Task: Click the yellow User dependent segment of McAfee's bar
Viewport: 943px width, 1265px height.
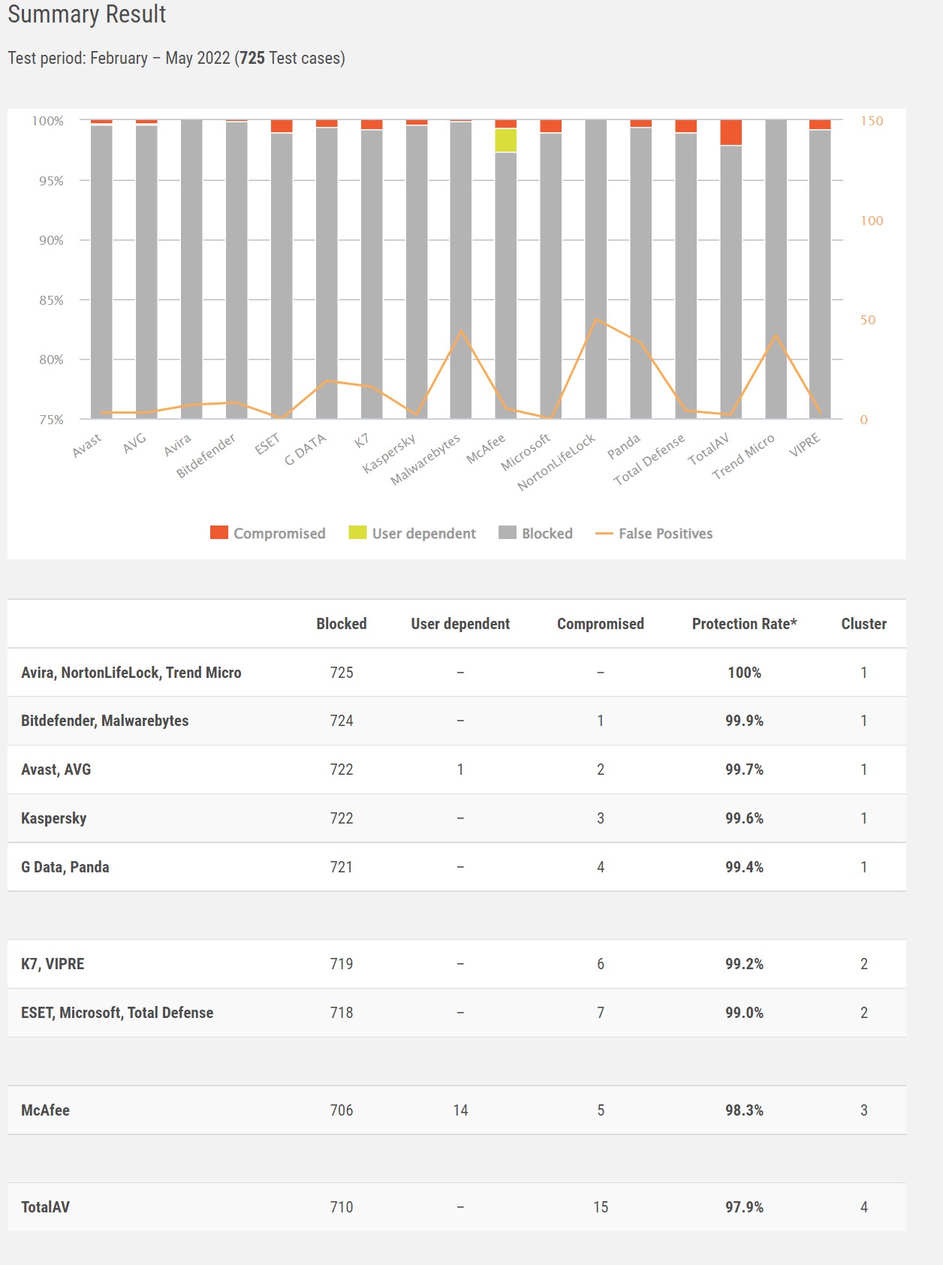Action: (505, 140)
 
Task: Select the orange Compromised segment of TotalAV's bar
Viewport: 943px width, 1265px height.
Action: (731, 132)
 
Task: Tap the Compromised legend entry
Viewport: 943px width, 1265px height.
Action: (268, 533)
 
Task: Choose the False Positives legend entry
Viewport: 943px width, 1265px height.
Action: (654, 533)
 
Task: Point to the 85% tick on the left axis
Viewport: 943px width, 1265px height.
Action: (51, 300)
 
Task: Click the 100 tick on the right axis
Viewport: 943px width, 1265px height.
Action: (872, 221)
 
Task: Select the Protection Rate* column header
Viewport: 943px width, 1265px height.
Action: (744, 624)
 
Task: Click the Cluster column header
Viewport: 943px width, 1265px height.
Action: (863, 624)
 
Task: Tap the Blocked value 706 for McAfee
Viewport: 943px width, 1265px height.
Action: (342, 1110)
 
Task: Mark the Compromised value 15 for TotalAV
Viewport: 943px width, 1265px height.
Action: (601, 1207)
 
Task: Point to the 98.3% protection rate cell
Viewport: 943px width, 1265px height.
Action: (744, 1110)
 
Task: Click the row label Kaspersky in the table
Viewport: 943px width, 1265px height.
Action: (54, 818)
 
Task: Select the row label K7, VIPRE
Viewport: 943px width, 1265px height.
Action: (53, 964)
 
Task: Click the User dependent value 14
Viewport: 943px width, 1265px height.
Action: (460, 1110)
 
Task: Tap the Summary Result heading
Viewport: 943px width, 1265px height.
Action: (87, 14)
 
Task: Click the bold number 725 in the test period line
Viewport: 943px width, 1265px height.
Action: (252, 59)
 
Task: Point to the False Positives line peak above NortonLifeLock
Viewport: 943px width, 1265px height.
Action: (596, 320)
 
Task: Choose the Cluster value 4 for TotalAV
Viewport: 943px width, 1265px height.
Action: (863, 1207)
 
